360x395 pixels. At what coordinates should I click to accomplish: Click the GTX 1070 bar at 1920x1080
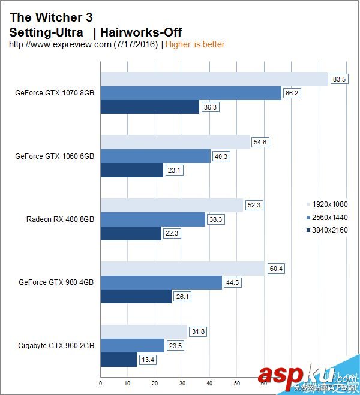[214, 79]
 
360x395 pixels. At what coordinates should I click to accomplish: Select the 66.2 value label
[293, 93]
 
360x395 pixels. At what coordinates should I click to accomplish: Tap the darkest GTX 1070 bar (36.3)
[149, 107]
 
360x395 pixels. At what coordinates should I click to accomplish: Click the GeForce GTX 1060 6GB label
[55, 156]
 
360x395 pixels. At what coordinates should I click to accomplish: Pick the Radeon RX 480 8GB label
[60, 219]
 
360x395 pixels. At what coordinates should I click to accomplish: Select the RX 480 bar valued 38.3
[152, 219]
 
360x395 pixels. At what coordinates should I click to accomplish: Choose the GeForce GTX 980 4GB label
[56, 282]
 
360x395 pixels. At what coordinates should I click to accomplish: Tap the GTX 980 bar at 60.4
[182, 268]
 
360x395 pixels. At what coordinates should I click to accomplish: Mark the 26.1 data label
[183, 296]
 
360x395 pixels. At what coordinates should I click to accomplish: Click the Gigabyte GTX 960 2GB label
[56, 345]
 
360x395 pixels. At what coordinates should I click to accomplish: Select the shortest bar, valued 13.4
[118, 359]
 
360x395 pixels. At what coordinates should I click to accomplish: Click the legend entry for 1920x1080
[329, 204]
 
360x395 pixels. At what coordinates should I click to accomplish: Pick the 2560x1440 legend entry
[329, 217]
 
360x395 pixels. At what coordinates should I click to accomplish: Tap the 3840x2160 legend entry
[329, 230]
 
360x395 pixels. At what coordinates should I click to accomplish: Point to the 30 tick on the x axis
[182, 382]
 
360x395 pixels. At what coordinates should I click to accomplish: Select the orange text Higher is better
[195, 44]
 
